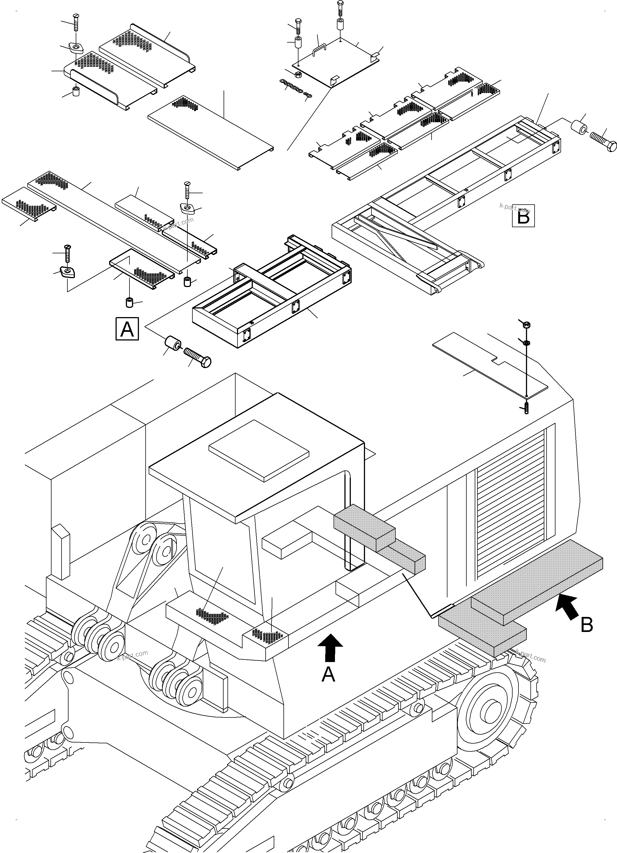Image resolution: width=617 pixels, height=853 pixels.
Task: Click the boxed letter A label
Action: point(127,329)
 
